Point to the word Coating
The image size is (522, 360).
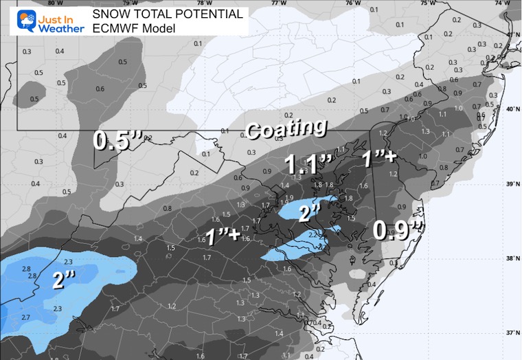(286, 128)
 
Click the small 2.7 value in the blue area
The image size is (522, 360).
(25, 317)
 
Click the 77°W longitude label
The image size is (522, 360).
(278, 3)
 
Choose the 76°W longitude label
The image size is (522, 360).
(353, 3)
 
